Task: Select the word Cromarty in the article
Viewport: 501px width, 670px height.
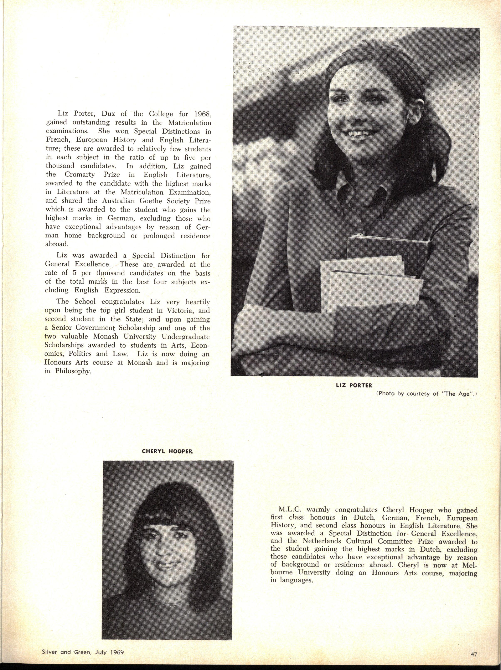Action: click(78, 175)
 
